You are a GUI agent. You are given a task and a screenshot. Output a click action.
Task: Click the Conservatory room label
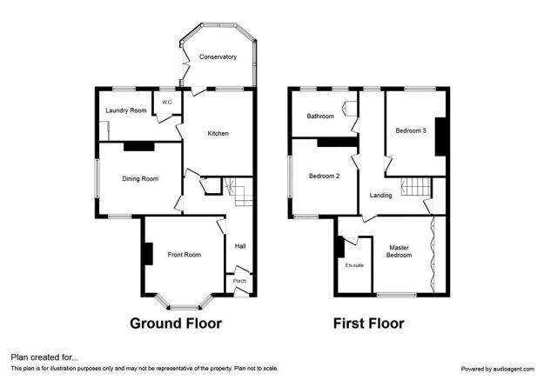point(218,57)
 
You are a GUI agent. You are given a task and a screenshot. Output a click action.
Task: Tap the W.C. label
point(167,103)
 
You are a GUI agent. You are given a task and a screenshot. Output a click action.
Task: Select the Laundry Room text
point(126,110)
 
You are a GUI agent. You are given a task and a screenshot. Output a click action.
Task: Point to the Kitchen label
point(218,134)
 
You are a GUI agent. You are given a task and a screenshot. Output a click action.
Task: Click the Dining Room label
point(140,179)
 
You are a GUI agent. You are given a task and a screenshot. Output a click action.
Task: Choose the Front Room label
point(185,255)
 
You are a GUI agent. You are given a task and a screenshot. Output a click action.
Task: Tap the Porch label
point(239,281)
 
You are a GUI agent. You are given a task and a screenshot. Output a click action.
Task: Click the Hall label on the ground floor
point(240,246)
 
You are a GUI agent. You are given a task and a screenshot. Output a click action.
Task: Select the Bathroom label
point(320,117)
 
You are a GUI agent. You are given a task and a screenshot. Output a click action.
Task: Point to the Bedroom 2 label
point(324,177)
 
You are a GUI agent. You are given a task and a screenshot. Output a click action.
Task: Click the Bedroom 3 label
point(411,130)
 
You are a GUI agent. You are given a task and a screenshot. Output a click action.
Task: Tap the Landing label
point(380,196)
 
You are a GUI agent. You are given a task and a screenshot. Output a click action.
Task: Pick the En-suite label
point(354,265)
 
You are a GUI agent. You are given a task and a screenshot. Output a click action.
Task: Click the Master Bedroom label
point(399,251)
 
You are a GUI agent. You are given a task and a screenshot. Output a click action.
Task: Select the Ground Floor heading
point(176,323)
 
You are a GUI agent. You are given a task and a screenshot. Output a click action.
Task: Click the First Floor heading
point(368,323)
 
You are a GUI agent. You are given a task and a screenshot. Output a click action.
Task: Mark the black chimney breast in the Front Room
point(148,254)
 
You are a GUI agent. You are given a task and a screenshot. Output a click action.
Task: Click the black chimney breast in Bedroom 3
point(440,137)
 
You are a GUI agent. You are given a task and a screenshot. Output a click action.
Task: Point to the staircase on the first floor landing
point(416,187)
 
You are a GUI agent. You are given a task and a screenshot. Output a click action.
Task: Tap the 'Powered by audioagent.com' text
point(498,369)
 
